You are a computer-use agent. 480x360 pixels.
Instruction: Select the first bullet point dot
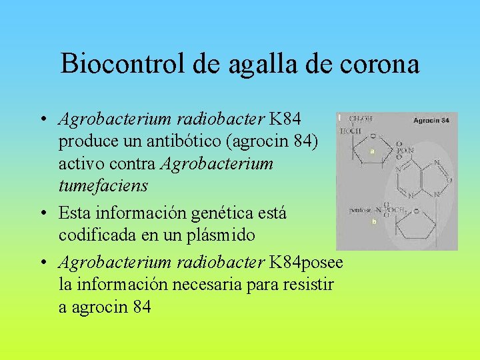[41, 121]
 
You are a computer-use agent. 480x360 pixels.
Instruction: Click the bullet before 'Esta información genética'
[41, 214]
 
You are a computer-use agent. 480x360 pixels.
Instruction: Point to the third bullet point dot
[41, 263]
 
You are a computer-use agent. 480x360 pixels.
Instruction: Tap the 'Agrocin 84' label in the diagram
[431, 121]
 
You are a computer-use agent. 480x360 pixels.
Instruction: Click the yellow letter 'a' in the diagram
[373, 151]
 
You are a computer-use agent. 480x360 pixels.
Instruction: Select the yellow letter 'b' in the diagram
[374, 222]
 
